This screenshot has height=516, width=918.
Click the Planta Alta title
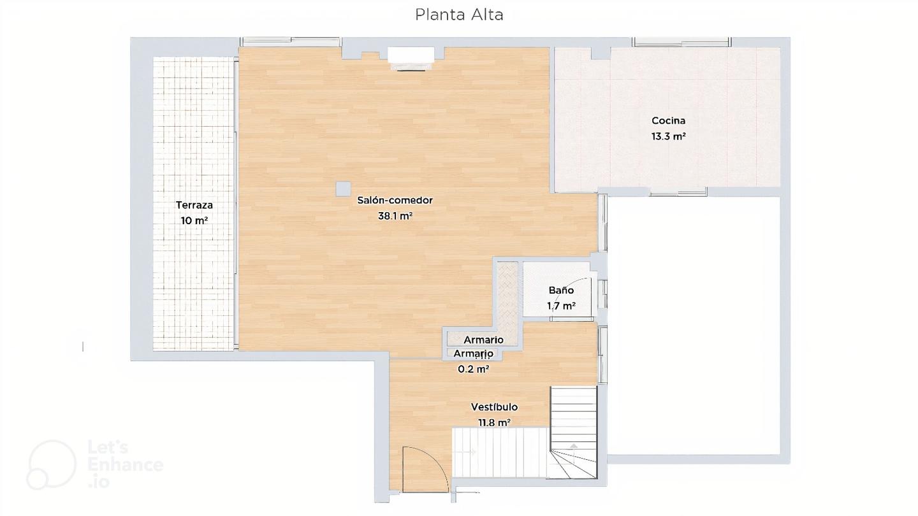459,15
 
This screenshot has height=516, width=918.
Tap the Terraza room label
194,204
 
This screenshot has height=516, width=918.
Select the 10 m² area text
194,220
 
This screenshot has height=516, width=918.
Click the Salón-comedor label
395,200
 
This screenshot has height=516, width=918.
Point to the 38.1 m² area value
395,216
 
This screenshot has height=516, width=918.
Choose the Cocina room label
668,120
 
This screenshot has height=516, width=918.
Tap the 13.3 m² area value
668,136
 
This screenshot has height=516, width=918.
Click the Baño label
561,290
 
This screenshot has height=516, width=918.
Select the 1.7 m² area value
561,306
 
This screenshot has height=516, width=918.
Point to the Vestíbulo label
494,407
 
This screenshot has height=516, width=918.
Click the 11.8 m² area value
494,422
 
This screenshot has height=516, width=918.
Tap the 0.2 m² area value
473,369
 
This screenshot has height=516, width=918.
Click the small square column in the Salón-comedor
344,189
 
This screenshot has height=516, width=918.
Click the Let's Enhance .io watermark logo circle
52,465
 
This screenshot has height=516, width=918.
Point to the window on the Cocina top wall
681,42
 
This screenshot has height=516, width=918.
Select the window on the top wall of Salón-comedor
291,42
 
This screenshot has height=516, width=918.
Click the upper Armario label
484,340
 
